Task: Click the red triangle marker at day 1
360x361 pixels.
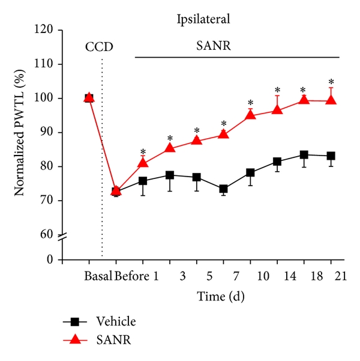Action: (143, 162)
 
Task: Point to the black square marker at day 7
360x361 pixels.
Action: (223, 189)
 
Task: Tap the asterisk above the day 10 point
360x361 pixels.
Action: (250, 103)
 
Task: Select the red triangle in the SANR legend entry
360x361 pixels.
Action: (76, 340)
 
